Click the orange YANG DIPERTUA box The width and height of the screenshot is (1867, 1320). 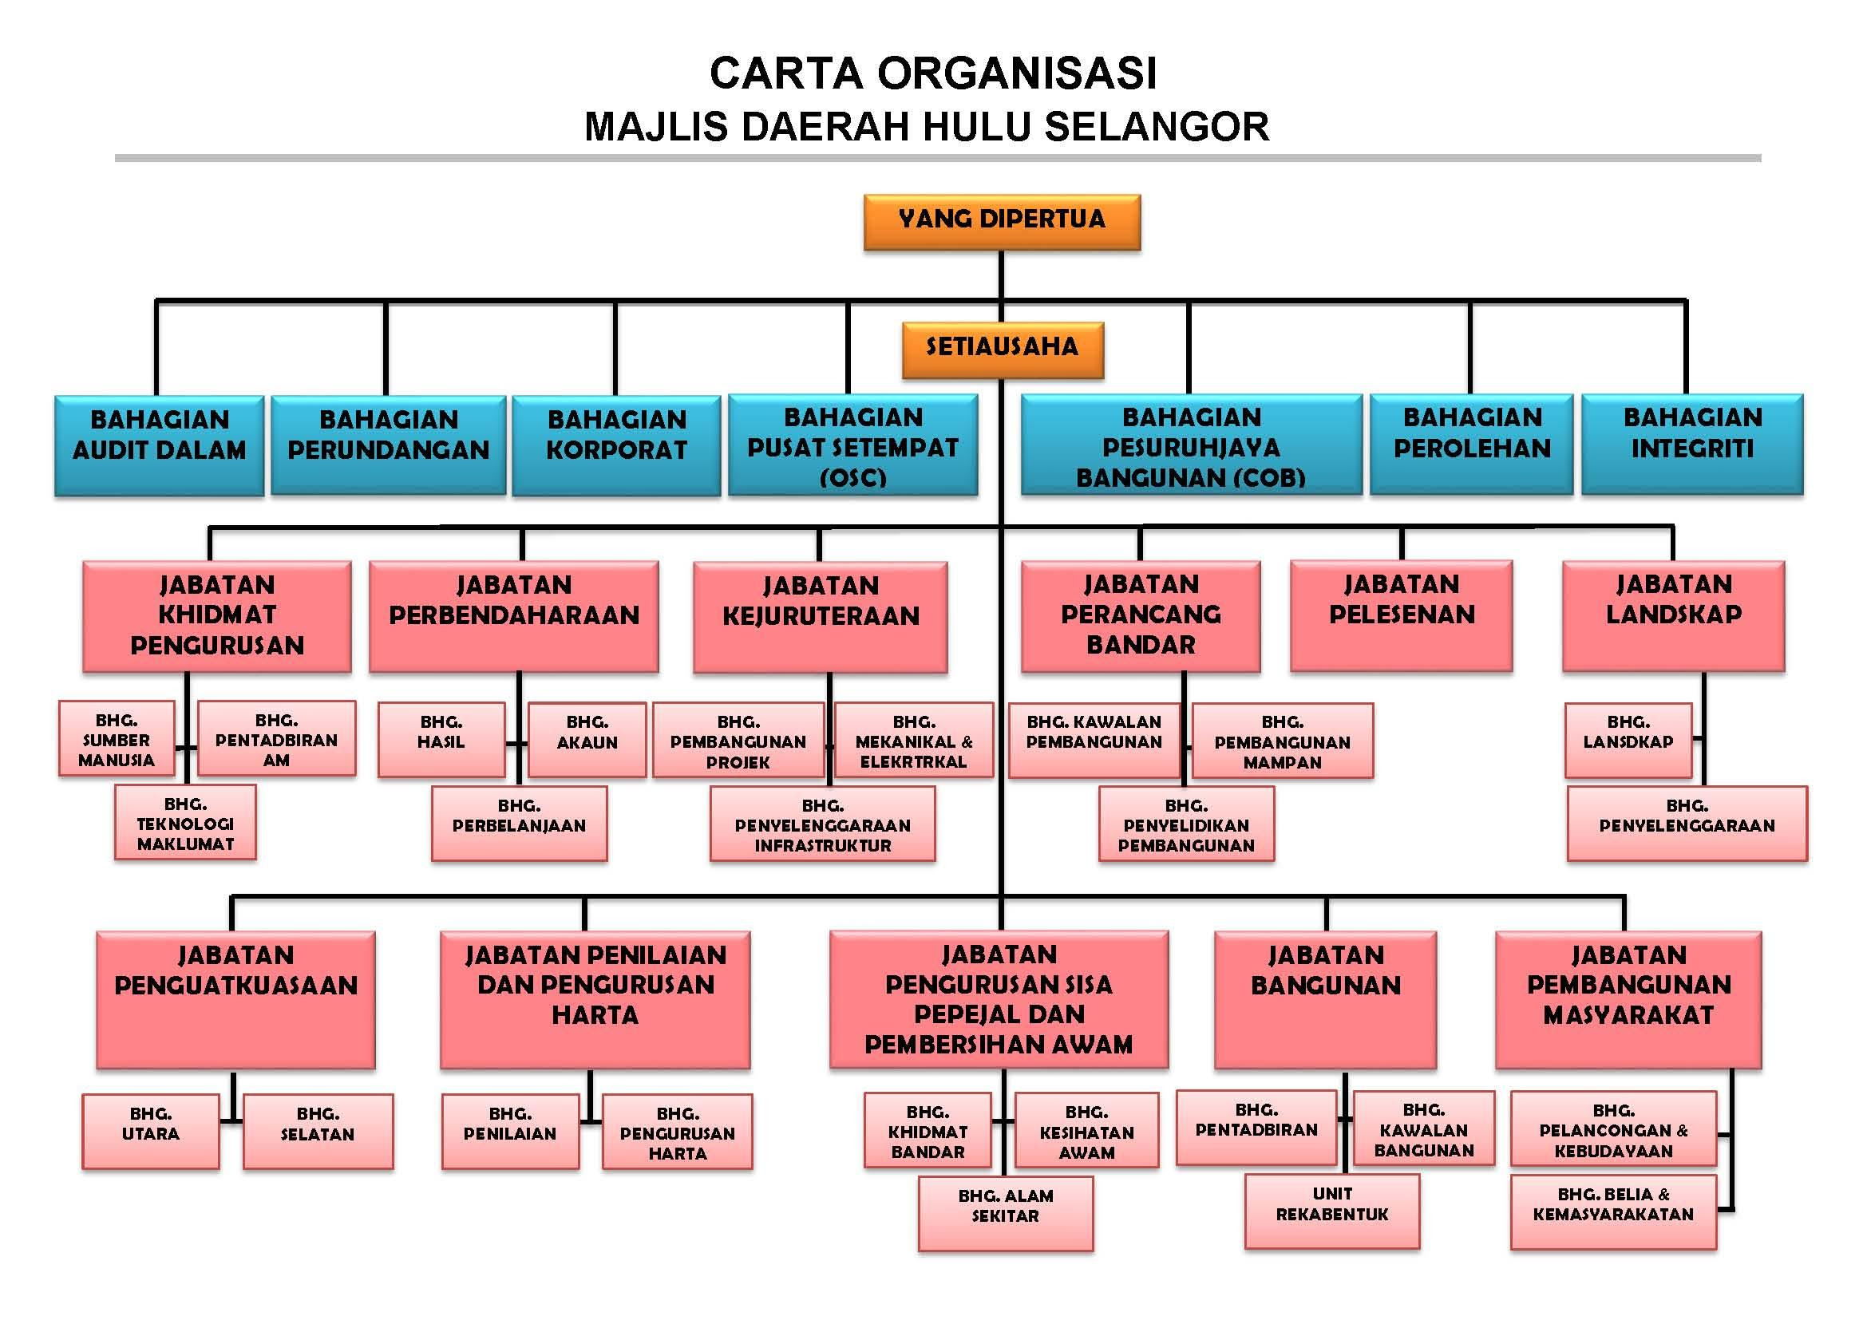coord(1002,222)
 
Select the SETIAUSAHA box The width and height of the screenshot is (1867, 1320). coord(1003,350)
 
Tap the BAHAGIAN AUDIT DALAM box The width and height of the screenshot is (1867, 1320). coord(160,445)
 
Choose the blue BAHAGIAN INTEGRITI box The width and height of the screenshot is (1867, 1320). coord(1692,445)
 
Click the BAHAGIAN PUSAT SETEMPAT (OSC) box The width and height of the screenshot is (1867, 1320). coord(853,445)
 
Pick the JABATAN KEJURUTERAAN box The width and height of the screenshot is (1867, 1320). coord(821,617)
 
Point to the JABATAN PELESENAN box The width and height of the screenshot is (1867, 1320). coord(1401,616)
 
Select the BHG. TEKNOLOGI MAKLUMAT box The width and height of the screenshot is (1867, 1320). coord(185,822)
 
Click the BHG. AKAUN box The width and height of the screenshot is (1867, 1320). coord(587,741)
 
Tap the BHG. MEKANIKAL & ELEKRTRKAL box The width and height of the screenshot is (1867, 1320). coord(914,741)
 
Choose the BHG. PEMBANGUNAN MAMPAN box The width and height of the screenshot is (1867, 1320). coord(1283,741)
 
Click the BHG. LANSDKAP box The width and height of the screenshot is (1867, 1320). coord(1628,741)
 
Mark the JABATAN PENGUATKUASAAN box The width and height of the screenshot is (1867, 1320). coord(235,1000)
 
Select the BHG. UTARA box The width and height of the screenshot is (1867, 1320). coord(150,1132)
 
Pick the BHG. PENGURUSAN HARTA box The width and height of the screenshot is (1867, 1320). coord(678,1132)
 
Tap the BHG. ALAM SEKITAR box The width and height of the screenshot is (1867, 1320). coord(1006,1214)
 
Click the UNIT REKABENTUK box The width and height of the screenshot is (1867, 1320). coord(1332,1211)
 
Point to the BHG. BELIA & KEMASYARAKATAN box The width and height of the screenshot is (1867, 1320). coord(1613,1211)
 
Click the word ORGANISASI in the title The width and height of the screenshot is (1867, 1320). coord(1016,73)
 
